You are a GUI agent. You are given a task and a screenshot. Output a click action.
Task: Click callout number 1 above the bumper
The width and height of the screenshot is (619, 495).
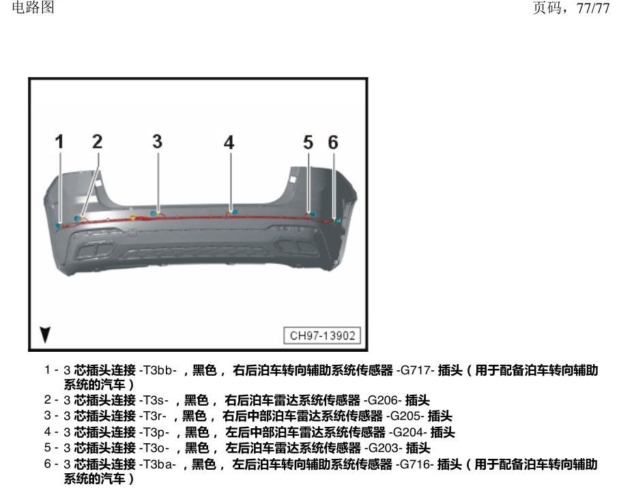pos(59,142)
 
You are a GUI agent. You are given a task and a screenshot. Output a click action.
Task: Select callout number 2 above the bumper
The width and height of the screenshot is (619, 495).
pos(97,142)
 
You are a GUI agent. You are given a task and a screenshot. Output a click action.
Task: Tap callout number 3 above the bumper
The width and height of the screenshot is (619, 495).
pos(157,142)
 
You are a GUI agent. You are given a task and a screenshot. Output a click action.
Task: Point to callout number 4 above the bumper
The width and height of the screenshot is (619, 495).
pos(229,142)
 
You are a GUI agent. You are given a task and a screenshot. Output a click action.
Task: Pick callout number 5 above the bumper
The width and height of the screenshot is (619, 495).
pos(308,142)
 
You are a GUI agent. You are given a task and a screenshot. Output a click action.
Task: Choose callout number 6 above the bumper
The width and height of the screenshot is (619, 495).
pos(333,142)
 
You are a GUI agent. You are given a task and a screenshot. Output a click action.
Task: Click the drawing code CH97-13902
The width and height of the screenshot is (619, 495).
pos(322,335)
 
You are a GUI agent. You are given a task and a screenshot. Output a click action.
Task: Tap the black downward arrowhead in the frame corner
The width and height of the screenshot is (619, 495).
pos(46,335)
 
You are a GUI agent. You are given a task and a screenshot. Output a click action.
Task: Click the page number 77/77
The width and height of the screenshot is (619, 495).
pos(593,8)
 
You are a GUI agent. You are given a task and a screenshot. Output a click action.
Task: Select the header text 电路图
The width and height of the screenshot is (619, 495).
pos(33,7)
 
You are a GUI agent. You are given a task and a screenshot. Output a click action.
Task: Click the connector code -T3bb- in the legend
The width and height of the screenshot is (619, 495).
pos(158,370)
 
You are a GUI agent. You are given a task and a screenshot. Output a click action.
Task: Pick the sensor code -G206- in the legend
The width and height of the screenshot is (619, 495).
pos(383,400)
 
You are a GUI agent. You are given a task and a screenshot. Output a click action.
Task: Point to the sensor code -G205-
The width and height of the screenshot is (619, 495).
pos(405,416)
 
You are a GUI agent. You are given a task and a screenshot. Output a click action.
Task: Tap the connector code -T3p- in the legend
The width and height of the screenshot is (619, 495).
pos(154,432)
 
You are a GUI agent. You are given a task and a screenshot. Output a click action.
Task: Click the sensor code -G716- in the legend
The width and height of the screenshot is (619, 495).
pos(415,464)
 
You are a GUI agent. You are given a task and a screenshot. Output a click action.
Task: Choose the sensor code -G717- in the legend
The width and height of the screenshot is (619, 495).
pos(416,370)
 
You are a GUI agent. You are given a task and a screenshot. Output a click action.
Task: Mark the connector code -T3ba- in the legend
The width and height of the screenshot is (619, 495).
pos(158,464)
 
